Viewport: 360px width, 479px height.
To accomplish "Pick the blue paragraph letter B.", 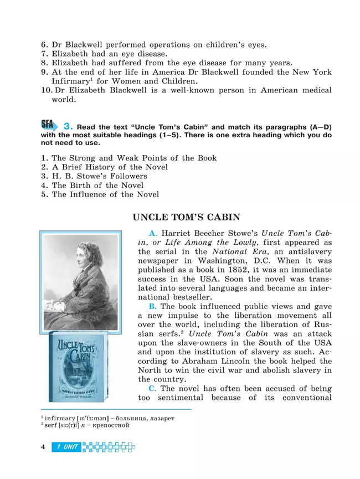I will tap(153, 306).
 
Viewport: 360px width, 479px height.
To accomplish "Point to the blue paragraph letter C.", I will tap(153, 389).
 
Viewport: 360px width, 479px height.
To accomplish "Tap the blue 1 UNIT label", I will tap(67, 447).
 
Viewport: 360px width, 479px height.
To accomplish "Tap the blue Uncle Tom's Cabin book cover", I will tap(81, 365).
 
